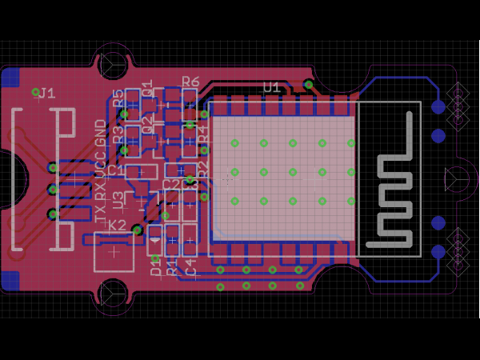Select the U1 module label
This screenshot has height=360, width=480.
click(272, 86)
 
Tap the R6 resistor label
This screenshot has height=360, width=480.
click(190, 81)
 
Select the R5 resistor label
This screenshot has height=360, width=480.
click(118, 98)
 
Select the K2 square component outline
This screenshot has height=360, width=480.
click(114, 251)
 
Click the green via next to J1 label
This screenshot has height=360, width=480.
click(35, 92)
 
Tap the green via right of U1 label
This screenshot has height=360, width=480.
click(309, 84)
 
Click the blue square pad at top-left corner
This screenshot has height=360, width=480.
click(11, 78)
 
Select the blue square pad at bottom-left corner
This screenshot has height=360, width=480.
click(11, 281)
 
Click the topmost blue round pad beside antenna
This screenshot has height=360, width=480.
click(438, 106)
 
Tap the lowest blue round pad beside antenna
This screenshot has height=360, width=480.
click(438, 251)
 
